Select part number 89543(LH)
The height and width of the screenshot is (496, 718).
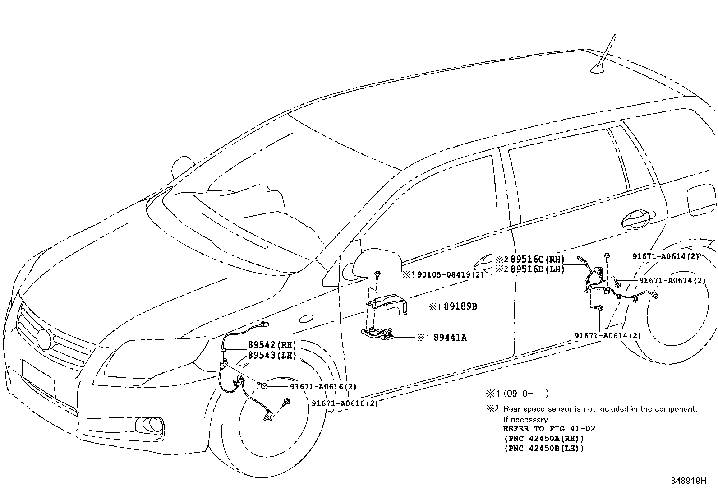272,355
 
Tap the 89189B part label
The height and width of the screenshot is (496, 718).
460,306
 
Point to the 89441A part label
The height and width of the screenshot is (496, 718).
450,337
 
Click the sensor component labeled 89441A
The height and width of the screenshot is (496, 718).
377,333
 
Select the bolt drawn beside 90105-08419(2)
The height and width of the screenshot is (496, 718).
377,273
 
